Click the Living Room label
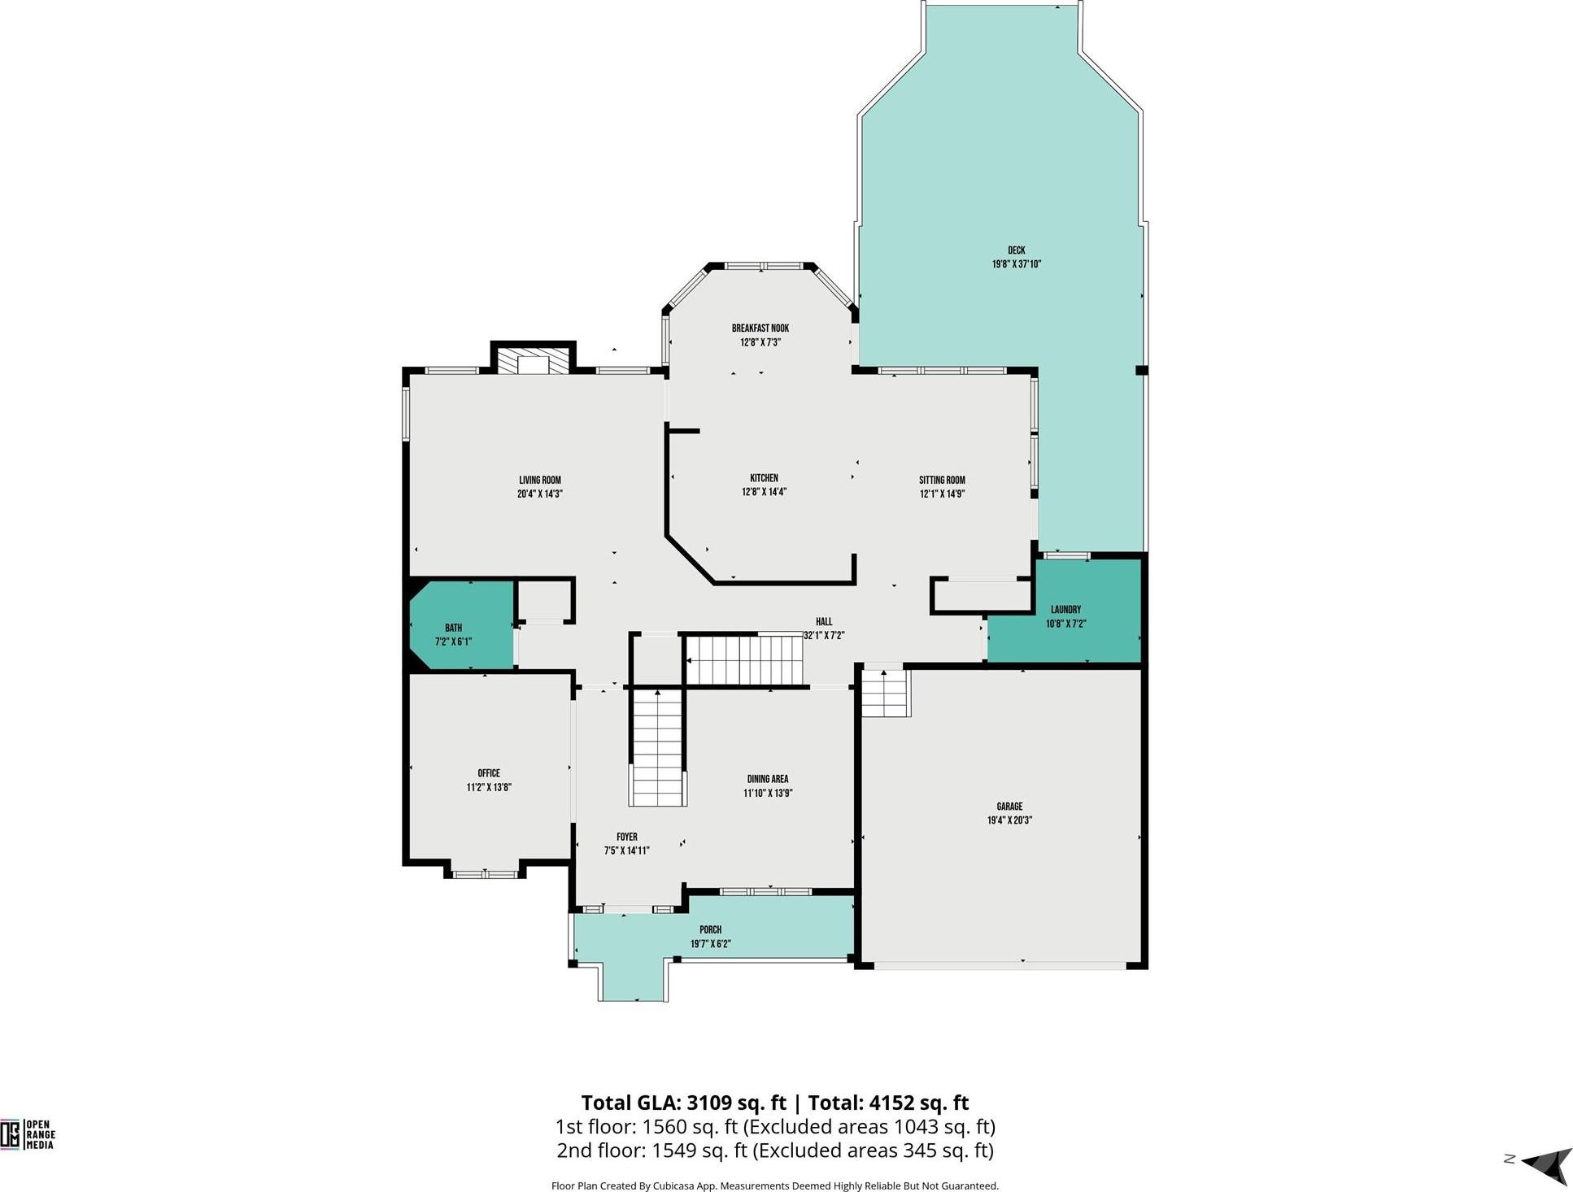tap(540, 480)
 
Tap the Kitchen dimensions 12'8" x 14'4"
tap(764, 492)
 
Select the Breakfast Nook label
tap(760, 328)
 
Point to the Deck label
tap(1017, 250)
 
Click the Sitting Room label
tap(942, 480)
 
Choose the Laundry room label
tap(1065, 610)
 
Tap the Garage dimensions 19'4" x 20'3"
tap(1009, 820)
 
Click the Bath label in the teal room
tap(453, 628)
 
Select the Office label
tap(489, 773)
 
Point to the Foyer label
tap(626, 837)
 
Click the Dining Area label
tap(768, 779)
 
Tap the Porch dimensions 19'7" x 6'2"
tap(711, 944)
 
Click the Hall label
tap(824, 622)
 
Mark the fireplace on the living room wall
tap(534, 362)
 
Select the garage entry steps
tap(885, 693)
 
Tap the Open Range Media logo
tap(28, 1134)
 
